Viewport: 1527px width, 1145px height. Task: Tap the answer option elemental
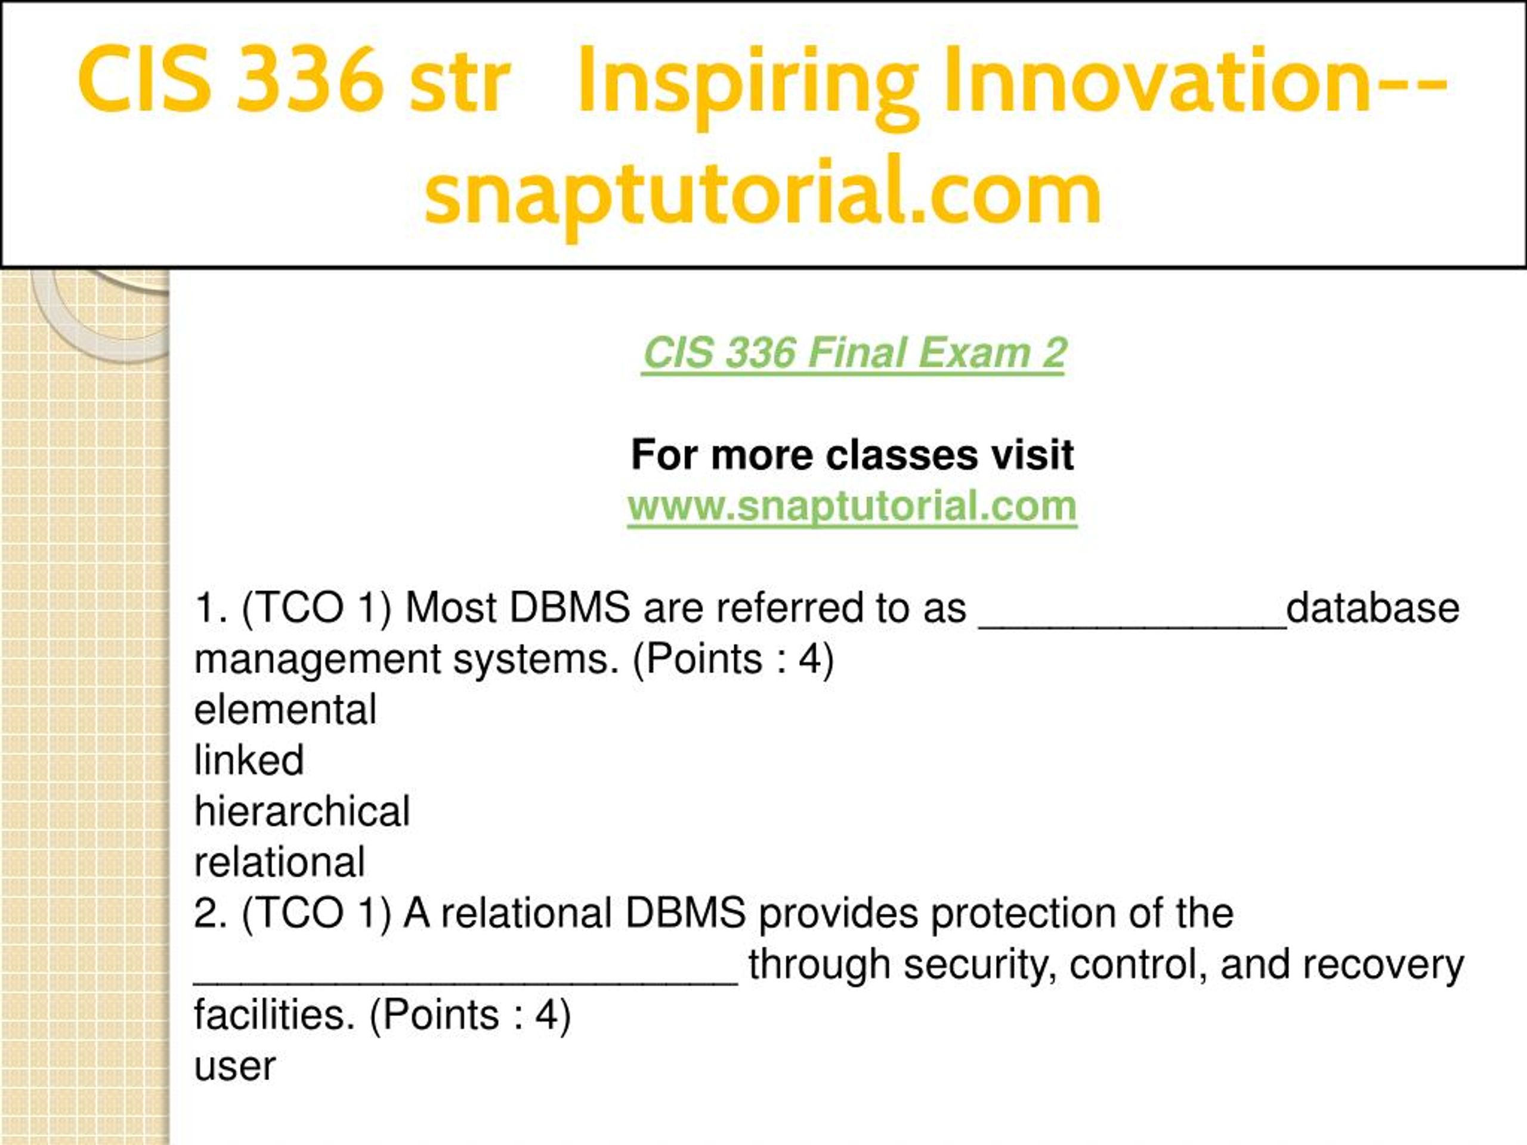click(x=285, y=709)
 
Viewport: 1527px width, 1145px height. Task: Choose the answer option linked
click(x=249, y=760)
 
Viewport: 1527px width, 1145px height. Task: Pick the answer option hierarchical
click(x=302, y=811)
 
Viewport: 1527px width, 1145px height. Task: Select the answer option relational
click(x=280, y=862)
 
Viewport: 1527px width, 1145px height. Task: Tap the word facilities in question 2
click(x=274, y=1015)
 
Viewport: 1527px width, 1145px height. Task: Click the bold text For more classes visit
click(x=852, y=455)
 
